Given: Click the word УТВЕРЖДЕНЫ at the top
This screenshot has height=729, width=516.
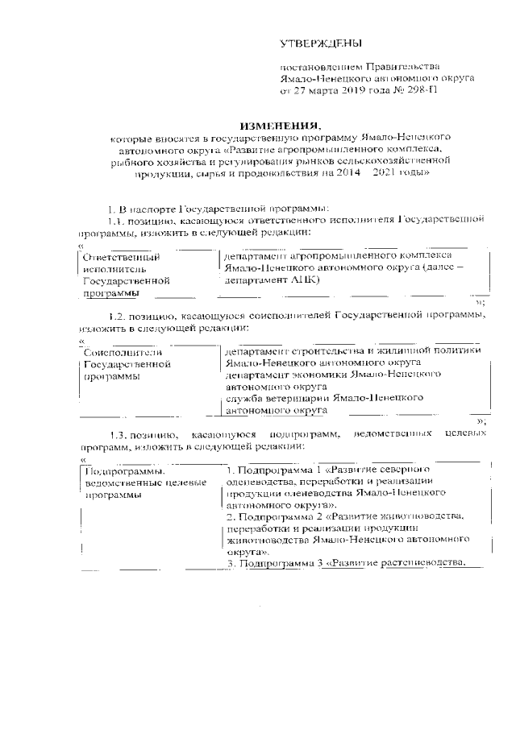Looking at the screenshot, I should [321, 43].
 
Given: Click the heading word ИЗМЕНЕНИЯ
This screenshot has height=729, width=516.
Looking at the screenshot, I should [279, 126].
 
